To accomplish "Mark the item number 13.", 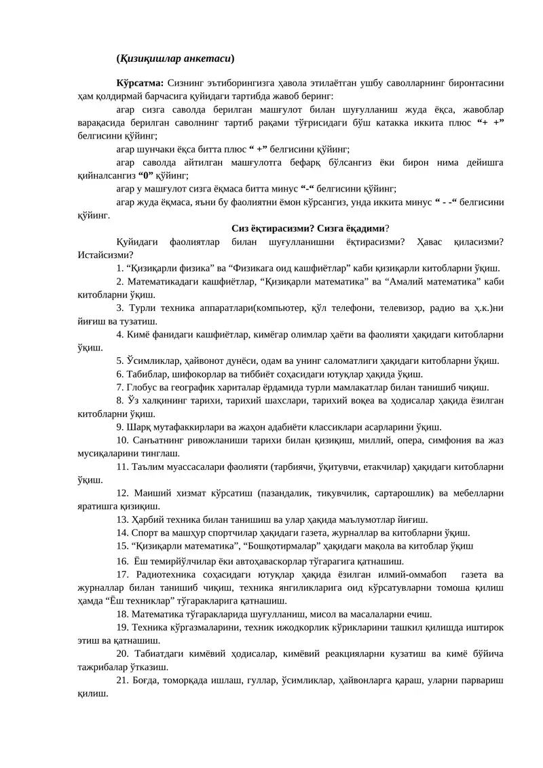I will tap(123, 519).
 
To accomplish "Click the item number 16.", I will tap(122, 562).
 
